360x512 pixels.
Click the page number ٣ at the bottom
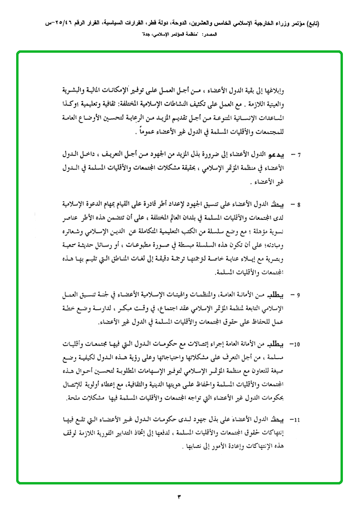pos(180,496)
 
